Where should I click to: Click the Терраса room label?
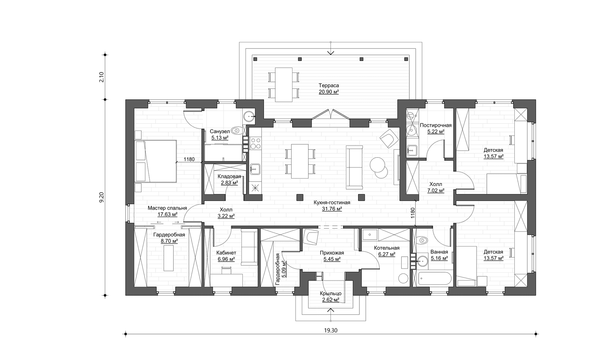[329, 86]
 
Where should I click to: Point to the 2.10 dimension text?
[102, 77]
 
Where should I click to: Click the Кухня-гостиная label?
[332, 203]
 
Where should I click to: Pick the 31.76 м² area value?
[332, 209]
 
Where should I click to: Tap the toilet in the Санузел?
[236, 130]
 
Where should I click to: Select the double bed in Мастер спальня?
[155, 161]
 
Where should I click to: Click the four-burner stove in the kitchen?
[255, 143]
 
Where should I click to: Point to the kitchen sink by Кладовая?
[255, 169]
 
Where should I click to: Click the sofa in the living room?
[354, 167]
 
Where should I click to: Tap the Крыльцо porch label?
[331, 294]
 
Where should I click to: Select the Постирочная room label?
[436, 125]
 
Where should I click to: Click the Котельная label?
[387, 248]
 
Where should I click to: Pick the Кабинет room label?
[226, 253]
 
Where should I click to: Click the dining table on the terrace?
[284, 85]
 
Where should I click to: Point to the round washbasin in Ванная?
[422, 261]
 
